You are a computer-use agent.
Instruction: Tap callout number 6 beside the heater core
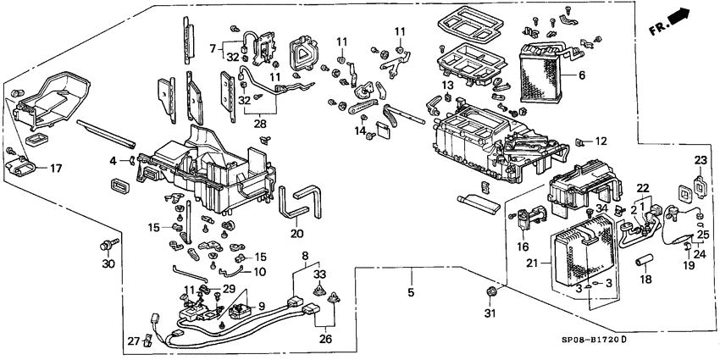[582, 75]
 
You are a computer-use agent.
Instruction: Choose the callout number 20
[296, 235]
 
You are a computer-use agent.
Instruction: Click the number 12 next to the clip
[601, 140]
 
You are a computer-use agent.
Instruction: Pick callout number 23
[701, 160]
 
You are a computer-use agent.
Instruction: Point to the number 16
[523, 246]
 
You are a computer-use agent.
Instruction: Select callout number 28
[261, 124]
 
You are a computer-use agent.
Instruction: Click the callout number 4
[113, 159]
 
